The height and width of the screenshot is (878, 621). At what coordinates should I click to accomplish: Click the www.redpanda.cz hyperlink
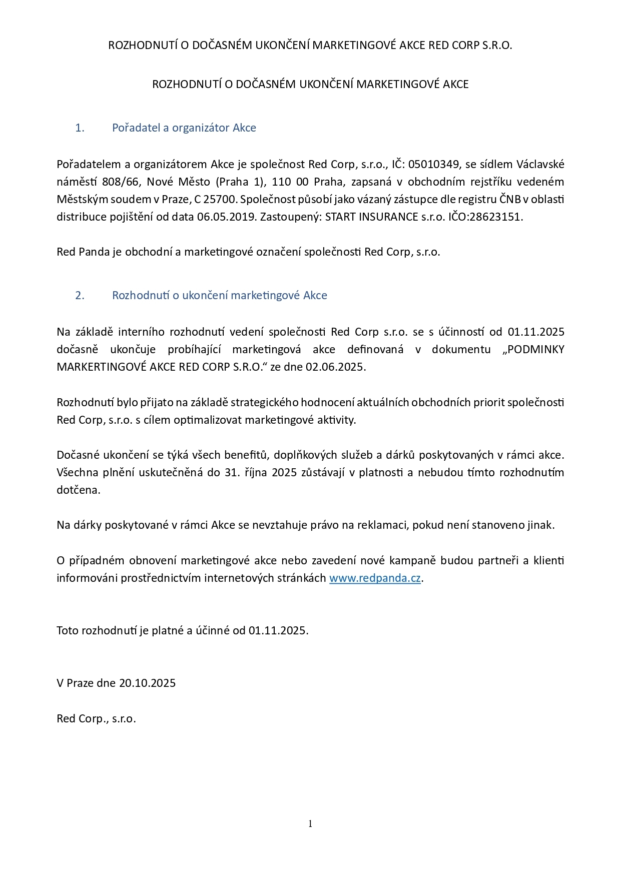pos(375,578)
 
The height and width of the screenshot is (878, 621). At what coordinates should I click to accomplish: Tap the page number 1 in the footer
pos(310,823)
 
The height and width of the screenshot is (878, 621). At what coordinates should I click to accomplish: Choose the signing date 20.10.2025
pos(148,683)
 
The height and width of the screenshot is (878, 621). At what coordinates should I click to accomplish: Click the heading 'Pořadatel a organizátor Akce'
pos(184,128)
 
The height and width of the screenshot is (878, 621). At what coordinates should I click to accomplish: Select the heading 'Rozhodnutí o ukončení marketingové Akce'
pos(219,295)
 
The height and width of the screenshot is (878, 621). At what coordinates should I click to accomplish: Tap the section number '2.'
pos(80,295)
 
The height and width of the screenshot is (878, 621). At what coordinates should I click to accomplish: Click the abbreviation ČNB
pos(510,199)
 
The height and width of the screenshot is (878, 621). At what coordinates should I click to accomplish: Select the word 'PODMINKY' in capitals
pos(536,349)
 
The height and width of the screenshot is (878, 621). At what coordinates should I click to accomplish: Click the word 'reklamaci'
pos(383,525)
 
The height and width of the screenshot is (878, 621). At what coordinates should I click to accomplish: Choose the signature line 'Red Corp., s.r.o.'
pos(96,718)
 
